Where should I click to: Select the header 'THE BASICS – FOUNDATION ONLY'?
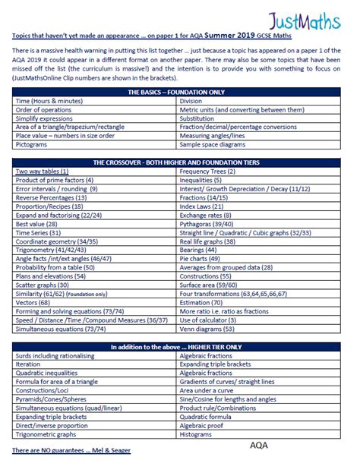tap(180, 91)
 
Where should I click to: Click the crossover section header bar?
tap(180, 162)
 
